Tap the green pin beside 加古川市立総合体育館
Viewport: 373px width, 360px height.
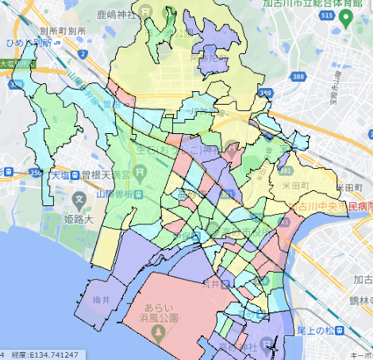pos(345,15)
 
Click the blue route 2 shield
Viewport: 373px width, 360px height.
pos(83,55)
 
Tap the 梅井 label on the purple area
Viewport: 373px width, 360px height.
pos(100,301)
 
